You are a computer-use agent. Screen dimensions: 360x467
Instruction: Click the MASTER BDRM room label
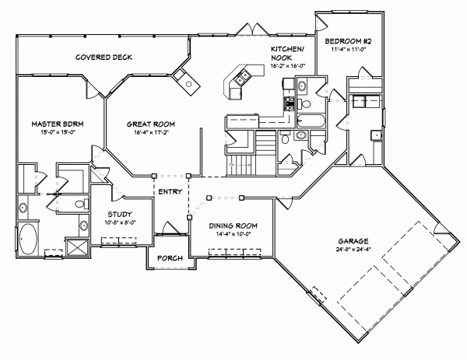click(52, 124)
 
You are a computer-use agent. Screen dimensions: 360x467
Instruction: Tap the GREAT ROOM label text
click(151, 124)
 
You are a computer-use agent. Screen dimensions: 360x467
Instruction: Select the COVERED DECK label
click(102, 58)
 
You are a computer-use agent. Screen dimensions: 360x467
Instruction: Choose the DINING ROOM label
click(233, 225)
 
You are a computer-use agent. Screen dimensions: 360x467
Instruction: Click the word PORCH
click(170, 258)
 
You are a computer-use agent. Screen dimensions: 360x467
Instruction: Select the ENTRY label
click(170, 191)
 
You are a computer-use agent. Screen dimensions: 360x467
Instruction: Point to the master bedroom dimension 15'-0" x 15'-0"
click(52, 133)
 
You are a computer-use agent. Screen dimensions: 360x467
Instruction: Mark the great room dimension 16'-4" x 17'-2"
click(151, 133)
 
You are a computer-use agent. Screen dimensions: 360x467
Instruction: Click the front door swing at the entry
click(171, 227)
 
